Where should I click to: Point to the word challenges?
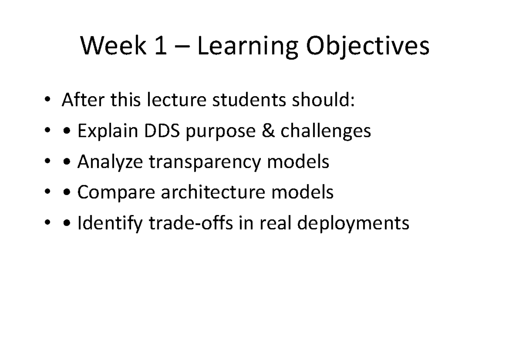pyautogui.click(x=325, y=132)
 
